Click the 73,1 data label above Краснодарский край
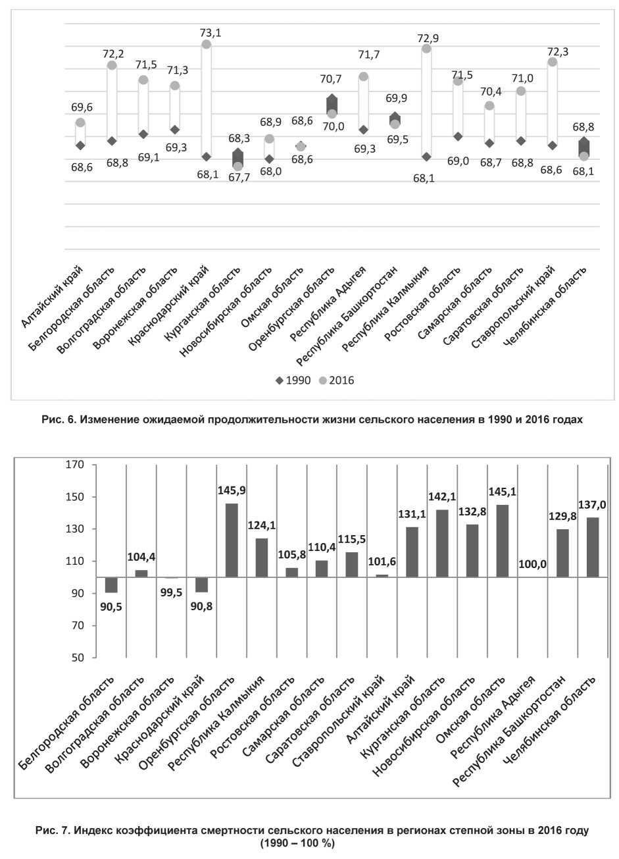click(210, 32)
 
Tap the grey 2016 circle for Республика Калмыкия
click(426, 49)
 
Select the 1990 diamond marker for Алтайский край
click(80, 145)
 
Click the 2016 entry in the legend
click(335, 380)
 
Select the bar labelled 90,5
click(111, 585)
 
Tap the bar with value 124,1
click(261, 558)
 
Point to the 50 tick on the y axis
click(78, 658)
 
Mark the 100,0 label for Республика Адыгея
click(533, 565)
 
